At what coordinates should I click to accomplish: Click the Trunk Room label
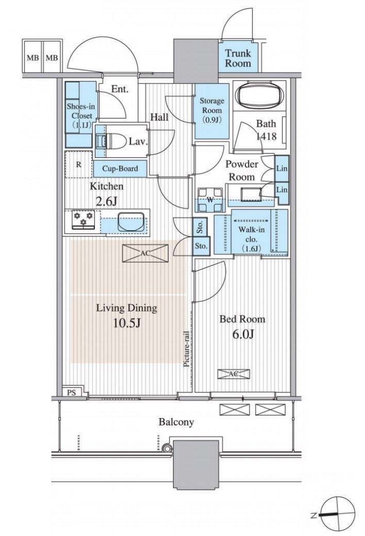[x=238, y=58]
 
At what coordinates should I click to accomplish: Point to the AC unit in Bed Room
[x=233, y=373]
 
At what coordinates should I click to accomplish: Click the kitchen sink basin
[x=131, y=221]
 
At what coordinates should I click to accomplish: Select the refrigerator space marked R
[x=79, y=165]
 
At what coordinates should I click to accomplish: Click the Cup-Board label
[x=120, y=168]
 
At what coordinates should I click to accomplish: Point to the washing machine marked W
[x=210, y=200]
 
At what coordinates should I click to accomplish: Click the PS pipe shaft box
[x=71, y=392]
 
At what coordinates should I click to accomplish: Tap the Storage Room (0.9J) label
[x=212, y=110]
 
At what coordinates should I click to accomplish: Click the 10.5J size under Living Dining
[x=127, y=323]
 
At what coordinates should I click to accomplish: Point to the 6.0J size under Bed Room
[x=243, y=334]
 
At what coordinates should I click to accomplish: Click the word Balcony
[x=176, y=422]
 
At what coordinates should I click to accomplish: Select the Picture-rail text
[x=187, y=349]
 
